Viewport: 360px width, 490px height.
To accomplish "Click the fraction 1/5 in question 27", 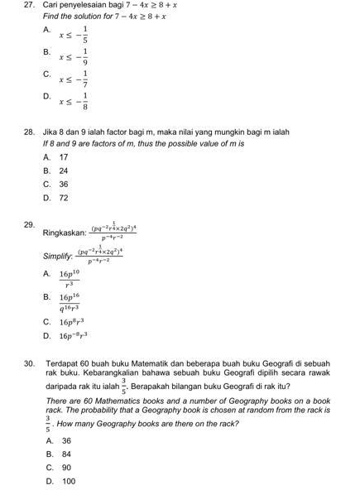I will [85, 34].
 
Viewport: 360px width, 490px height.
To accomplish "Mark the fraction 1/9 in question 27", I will [85, 56].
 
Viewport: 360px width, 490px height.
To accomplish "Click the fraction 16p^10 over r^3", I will [69, 277].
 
